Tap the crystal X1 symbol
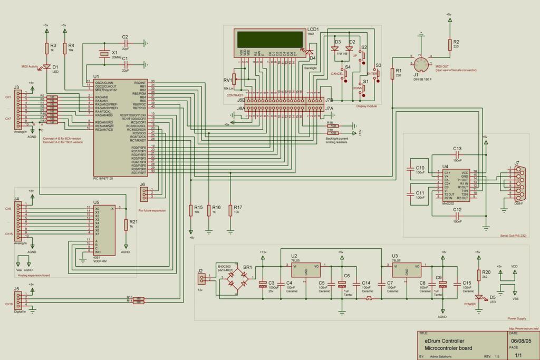[104, 54]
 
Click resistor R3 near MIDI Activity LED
[46, 48]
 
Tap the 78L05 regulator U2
[305, 270]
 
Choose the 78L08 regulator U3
[407, 270]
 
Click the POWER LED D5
[479, 298]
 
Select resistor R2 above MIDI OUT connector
[450, 44]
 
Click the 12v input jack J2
[201, 279]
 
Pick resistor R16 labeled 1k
[209, 210]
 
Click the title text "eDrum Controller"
[445, 341]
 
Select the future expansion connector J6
[143, 194]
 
